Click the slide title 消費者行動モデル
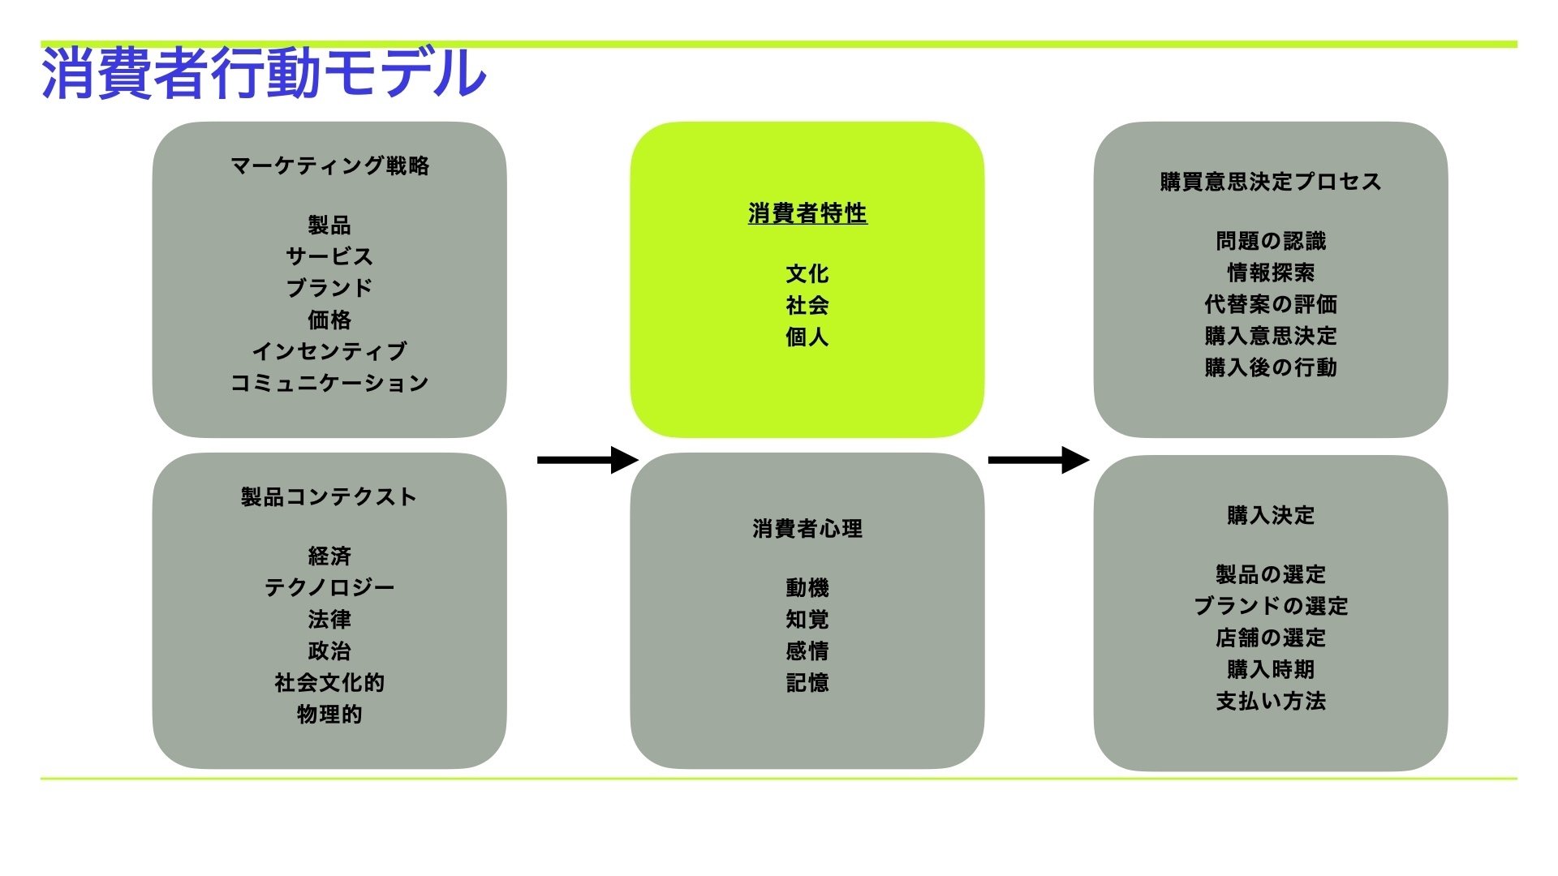click(264, 73)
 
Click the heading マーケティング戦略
click(329, 166)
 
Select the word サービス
click(329, 256)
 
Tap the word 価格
click(329, 320)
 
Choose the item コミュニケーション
click(329, 383)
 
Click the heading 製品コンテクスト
click(329, 496)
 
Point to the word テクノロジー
click(329, 587)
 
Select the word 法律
click(329, 619)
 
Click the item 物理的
click(329, 714)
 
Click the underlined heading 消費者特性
click(807, 213)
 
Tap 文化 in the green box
click(807, 274)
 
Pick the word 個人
click(807, 337)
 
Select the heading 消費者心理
click(807, 529)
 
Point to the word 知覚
click(807, 619)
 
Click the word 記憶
click(807, 682)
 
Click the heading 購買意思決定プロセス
click(1271, 182)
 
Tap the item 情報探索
click(1271, 273)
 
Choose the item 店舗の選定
click(1271, 638)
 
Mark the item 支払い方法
click(1271, 701)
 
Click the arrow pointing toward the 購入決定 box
click(1038, 460)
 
